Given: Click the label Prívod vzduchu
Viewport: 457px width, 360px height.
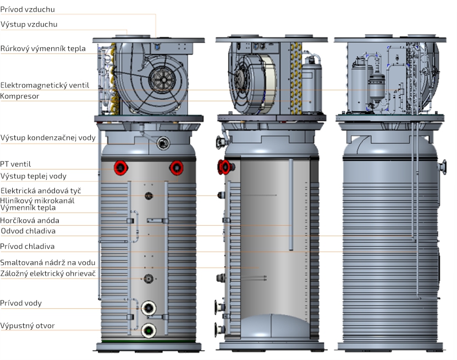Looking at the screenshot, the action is (27, 9).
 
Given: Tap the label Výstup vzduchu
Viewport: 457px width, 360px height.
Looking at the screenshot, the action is (29, 24).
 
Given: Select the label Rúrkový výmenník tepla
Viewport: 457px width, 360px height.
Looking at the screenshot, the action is (43, 48).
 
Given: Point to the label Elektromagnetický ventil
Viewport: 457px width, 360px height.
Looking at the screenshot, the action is (45, 85).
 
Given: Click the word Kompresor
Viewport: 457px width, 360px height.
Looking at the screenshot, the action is (20, 96).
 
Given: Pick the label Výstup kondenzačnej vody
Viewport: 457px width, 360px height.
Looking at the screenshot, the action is (48, 138).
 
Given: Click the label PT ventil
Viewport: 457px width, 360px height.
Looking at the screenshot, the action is (15, 164).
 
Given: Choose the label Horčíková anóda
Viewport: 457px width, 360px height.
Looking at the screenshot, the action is (30, 221).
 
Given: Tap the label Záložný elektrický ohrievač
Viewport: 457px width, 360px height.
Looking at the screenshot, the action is (48, 274).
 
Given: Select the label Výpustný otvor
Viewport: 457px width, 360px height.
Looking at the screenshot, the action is (27, 325).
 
